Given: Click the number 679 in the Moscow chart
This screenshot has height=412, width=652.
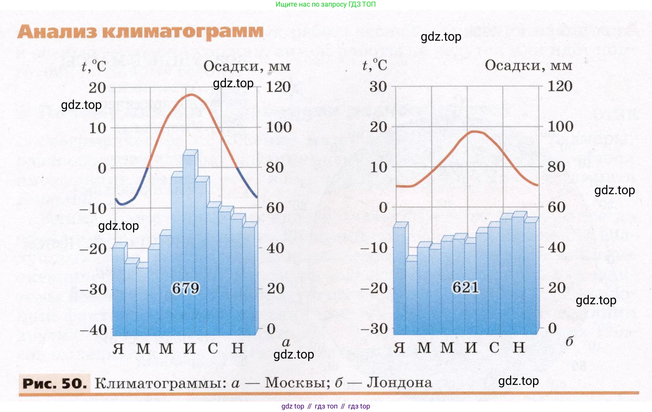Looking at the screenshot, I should point(185,288).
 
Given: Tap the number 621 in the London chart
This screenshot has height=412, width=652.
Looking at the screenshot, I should point(466,288).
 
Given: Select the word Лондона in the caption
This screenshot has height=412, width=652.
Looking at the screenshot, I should point(399,383).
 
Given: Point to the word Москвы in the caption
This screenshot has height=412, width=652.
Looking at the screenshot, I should point(297,383).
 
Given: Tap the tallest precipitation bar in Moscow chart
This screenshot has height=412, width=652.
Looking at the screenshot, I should point(189,240).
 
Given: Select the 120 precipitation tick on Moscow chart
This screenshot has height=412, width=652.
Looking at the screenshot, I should point(278,87).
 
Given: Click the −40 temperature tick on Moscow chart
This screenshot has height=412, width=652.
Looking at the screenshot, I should point(93,330).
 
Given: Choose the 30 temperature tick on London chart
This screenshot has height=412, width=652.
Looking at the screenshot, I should point(378,86).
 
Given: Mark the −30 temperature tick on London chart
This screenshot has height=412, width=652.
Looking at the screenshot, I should point(374,329).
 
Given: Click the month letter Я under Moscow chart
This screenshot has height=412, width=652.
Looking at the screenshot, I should point(118,348).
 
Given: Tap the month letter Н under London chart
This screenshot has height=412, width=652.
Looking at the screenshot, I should point(519,347).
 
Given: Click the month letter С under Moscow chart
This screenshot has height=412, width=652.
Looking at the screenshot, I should point(213,348).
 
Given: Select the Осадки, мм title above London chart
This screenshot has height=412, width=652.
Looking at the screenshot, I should point(528,65).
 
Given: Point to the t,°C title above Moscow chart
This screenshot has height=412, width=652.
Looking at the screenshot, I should point(94,66).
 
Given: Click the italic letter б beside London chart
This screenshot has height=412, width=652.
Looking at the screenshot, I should point(569,341).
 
